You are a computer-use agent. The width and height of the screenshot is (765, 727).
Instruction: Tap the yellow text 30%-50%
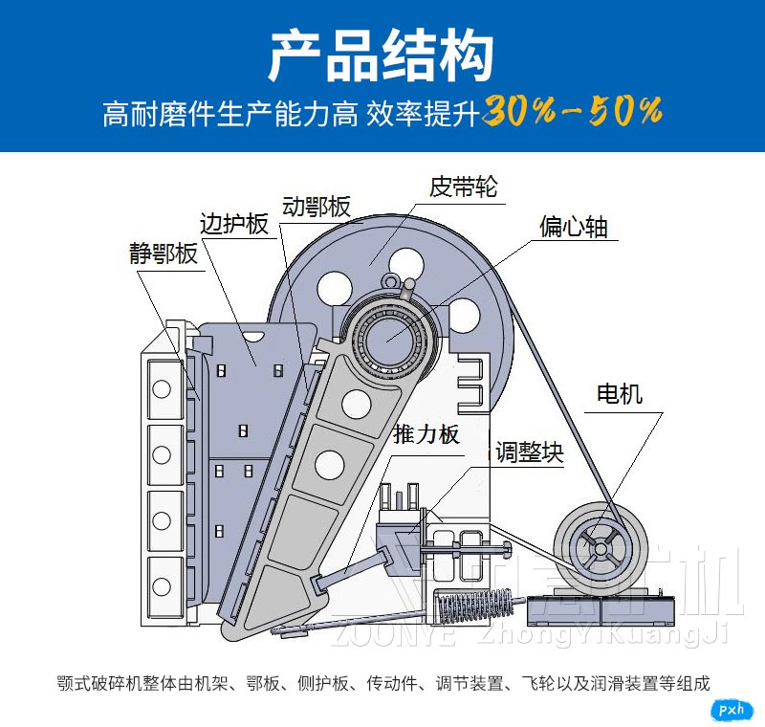tap(572, 112)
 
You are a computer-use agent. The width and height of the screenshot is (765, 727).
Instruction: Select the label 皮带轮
tap(463, 186)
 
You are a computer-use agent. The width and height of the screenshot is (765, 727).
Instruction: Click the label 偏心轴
tap(573, 227)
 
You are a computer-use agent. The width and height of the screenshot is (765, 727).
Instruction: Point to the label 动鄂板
tap(316, 207)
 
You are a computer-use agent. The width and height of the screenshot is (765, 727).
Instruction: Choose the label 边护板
tap(233, 224)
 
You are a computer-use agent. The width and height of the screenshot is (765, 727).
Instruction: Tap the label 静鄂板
tap(163, 253)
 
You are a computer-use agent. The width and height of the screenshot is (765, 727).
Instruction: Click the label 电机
tap(619, 393)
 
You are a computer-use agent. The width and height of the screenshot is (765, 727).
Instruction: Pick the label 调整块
tap(529, 452)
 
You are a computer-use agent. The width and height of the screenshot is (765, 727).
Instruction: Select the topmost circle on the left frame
tap(162, 389)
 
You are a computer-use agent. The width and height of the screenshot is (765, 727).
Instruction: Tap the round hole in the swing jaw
tap(356, 405)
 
